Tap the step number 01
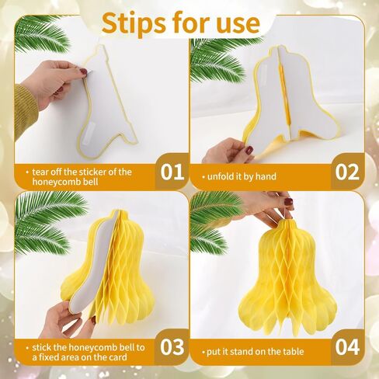pos(172,172)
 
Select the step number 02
pos(347,172)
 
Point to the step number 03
pos(172,347)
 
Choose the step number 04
pos(347,347)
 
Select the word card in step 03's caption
pos(118,357)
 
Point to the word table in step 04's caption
pos(293,352)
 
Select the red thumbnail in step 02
pos(249,150)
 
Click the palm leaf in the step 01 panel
pos(41,33)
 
